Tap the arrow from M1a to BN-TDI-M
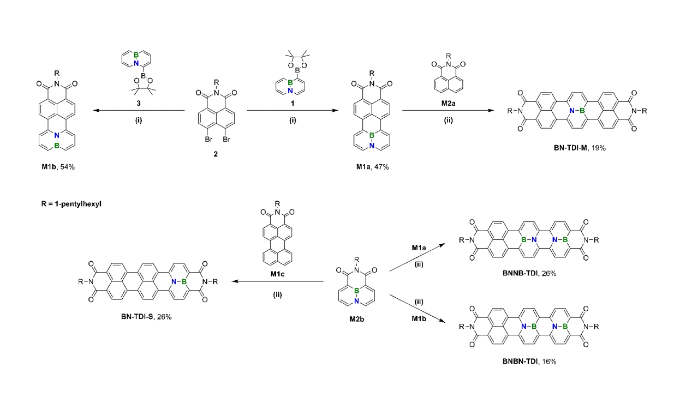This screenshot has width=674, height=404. click(443, 110)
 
